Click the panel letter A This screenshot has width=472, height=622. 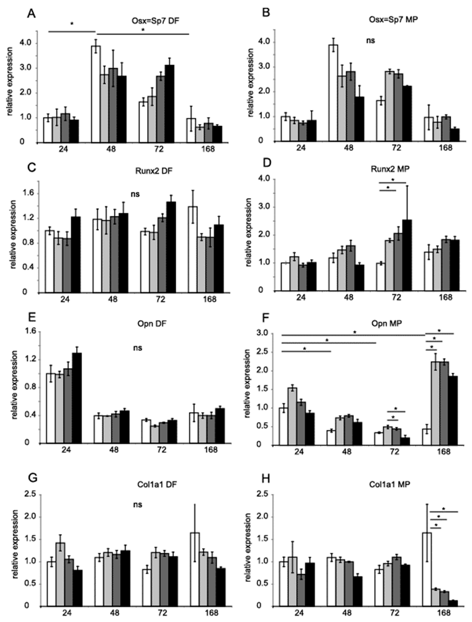click(x=31, y=13)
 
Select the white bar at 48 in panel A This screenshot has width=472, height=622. click(x=96, y=94)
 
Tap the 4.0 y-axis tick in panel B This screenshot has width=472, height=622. click(x=264, y=42)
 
